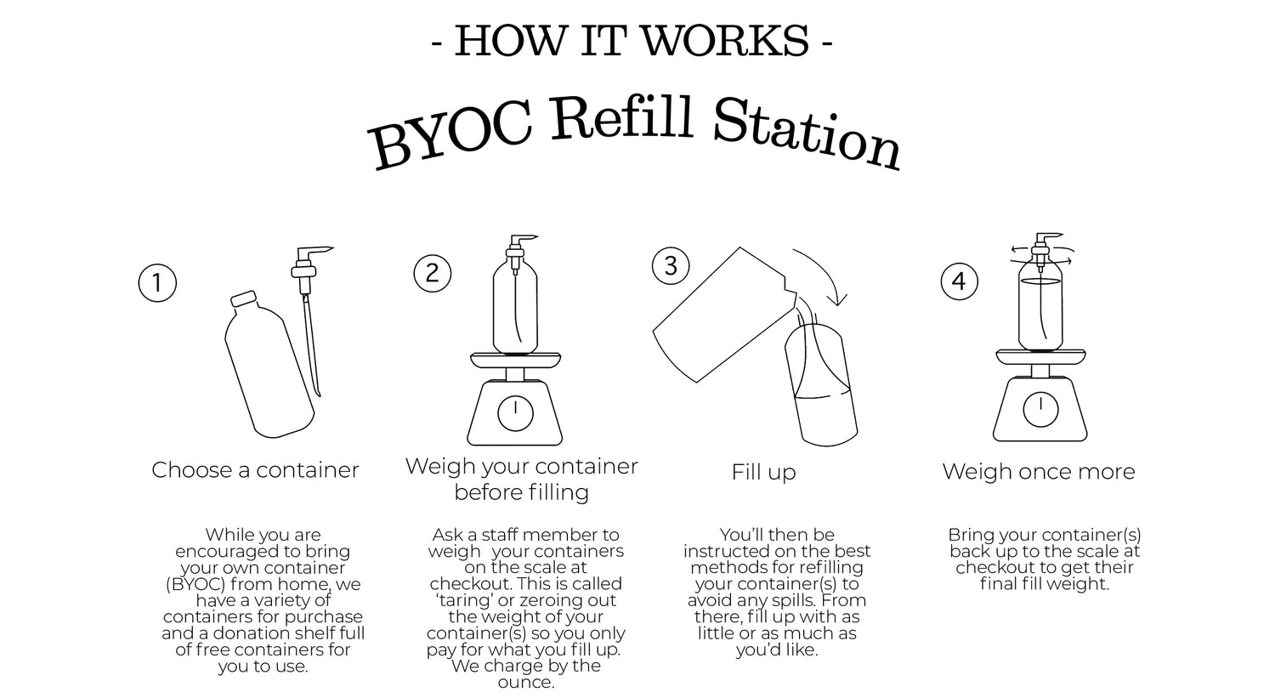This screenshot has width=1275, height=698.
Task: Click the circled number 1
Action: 157,283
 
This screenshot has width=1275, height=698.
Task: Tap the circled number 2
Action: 433,273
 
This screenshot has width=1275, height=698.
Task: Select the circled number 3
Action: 671,266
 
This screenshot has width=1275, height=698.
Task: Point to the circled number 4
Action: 960,281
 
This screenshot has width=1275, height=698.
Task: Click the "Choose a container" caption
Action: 255,470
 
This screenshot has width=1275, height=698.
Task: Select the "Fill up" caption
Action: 763,473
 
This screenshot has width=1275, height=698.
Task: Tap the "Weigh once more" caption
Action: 1039,471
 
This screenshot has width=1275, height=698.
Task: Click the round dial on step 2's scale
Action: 516,413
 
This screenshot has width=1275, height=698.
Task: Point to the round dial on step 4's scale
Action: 1041,409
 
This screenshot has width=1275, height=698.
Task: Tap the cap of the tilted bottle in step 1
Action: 243,299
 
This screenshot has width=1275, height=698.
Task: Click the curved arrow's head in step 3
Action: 838,298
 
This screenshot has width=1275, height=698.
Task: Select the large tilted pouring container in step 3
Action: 723,315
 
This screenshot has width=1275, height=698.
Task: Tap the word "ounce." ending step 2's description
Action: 526,682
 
